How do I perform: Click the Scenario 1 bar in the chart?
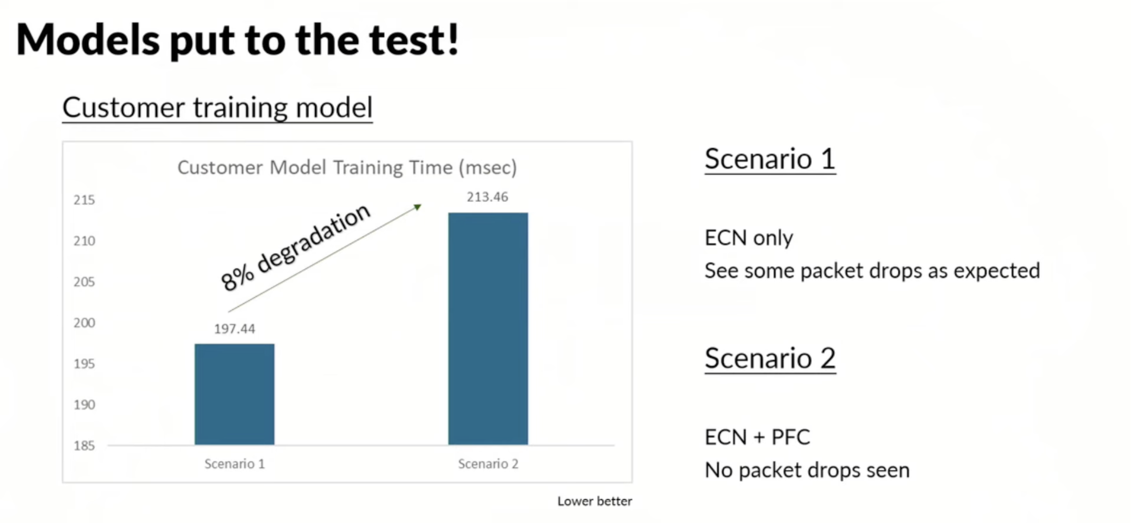coord(235,394)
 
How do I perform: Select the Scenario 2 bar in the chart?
coord(488,329)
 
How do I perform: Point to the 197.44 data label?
coord(235,329)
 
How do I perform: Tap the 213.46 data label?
coord(487,197)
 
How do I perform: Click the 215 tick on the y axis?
coord(84,200)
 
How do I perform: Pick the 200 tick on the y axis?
coord(84,323)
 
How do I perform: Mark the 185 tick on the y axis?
coord(84,446)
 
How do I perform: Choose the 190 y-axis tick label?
coord(84,405)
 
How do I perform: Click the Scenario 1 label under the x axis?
coord(235,464)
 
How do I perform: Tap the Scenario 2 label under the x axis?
coord(488,464)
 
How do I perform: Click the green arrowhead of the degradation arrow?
coord(418,207)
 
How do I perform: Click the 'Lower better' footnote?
coord(595,501)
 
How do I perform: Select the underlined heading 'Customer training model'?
coord(217,107)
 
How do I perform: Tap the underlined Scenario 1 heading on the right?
coord(770,159)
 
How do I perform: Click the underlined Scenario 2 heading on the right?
coord(770,358)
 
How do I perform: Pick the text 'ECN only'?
coord(749,238)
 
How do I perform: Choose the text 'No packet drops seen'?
coord(807,470)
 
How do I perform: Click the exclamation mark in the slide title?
coord(453,39)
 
